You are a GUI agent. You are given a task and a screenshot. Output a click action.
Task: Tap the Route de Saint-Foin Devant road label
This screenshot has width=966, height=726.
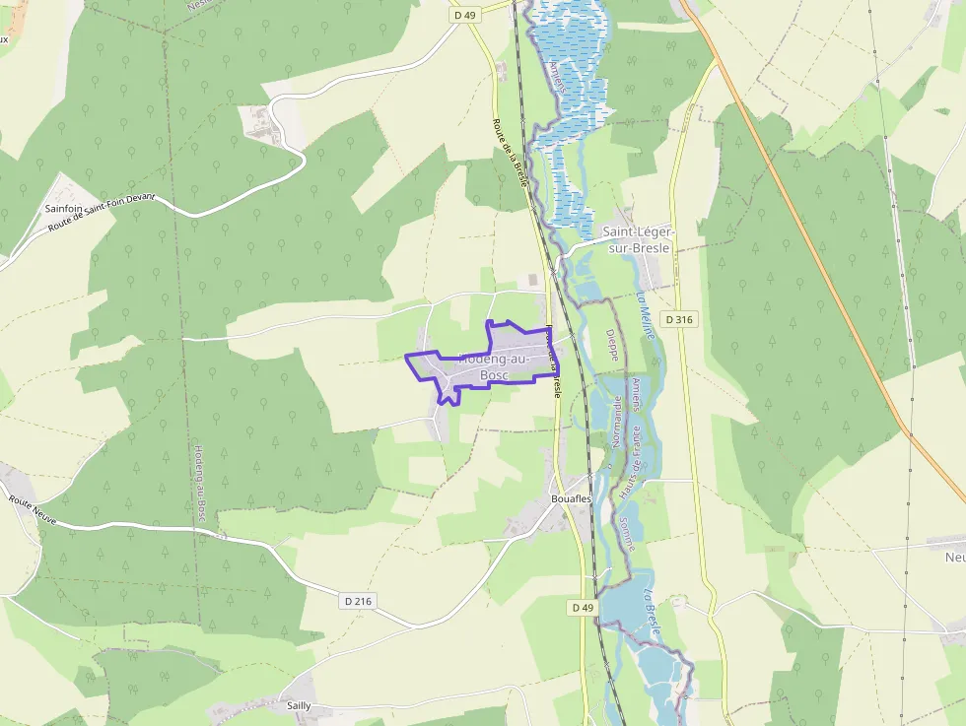103,214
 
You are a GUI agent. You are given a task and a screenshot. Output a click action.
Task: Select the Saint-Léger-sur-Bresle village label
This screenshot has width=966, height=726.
636,240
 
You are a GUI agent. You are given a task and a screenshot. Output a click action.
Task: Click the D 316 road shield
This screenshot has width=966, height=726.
679,319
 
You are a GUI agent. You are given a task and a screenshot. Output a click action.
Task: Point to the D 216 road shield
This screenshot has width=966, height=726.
360,600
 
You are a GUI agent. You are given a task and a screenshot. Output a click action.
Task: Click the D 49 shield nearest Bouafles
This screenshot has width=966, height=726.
583,608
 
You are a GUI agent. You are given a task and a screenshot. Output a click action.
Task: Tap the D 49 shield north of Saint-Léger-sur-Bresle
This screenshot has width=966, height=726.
464,15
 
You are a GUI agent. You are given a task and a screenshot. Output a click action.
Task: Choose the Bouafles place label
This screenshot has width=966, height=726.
571,499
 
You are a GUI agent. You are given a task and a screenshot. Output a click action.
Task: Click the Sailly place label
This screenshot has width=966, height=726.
299,706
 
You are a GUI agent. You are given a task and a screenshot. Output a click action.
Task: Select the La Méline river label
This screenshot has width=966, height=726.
647,315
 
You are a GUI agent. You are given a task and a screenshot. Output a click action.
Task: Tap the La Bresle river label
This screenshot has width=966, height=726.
652,612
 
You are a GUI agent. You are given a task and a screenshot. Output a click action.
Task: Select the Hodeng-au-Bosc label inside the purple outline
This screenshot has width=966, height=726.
494,367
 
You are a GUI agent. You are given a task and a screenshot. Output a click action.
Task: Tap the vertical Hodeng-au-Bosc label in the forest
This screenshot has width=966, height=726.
199,481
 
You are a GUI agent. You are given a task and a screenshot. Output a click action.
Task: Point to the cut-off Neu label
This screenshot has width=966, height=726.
954,558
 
